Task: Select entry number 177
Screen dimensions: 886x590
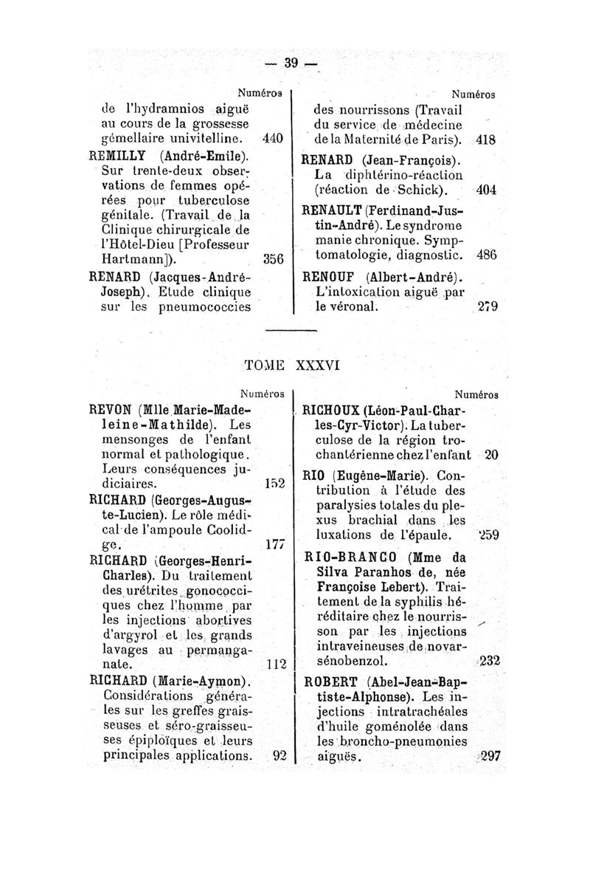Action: click(x=274, y=545)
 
